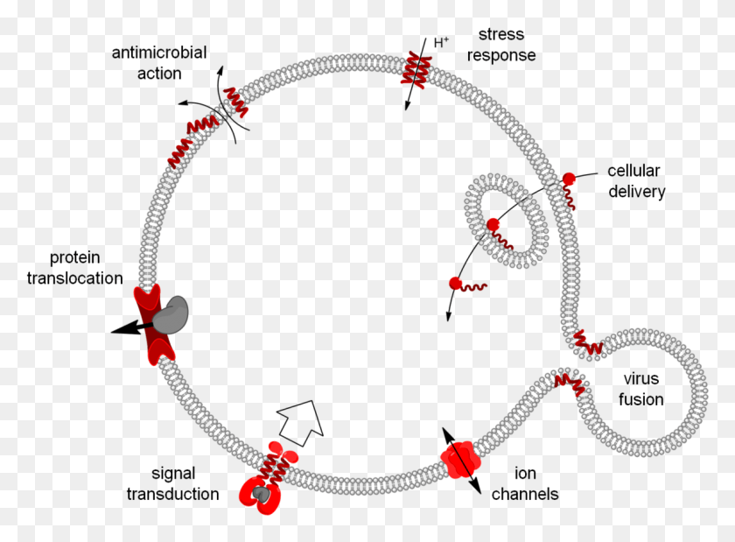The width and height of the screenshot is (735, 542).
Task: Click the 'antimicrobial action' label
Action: click(159, 63)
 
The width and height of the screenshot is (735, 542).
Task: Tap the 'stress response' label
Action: click(501, 45)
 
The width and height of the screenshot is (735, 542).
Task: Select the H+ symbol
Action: click(441, 43)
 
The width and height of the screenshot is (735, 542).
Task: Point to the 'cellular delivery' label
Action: click(636, 181)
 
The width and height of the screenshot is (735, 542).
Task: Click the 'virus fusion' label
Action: click(640, 389)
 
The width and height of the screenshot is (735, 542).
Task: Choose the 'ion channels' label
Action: click(525, 483)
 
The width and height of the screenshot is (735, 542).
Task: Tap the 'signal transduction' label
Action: click(172, 483)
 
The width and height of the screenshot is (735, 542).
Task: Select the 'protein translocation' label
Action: click(74, 267)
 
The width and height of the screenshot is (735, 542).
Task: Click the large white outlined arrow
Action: click(301, 423)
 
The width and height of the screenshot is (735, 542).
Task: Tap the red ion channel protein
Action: click(461, 460)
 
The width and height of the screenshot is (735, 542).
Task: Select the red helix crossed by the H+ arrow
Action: click(416, 70)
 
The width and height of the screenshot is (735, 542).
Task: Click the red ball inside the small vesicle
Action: click(493, 225)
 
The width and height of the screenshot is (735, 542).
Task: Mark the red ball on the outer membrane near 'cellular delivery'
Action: click(569, 179)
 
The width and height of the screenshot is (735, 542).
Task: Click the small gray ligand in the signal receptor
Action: click(260, 494)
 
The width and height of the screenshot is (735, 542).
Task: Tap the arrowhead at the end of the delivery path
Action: click(449, 315)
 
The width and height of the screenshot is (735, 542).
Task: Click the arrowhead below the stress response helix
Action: click(408, 105)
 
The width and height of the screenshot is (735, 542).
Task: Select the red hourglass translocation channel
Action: click(154, 324)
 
